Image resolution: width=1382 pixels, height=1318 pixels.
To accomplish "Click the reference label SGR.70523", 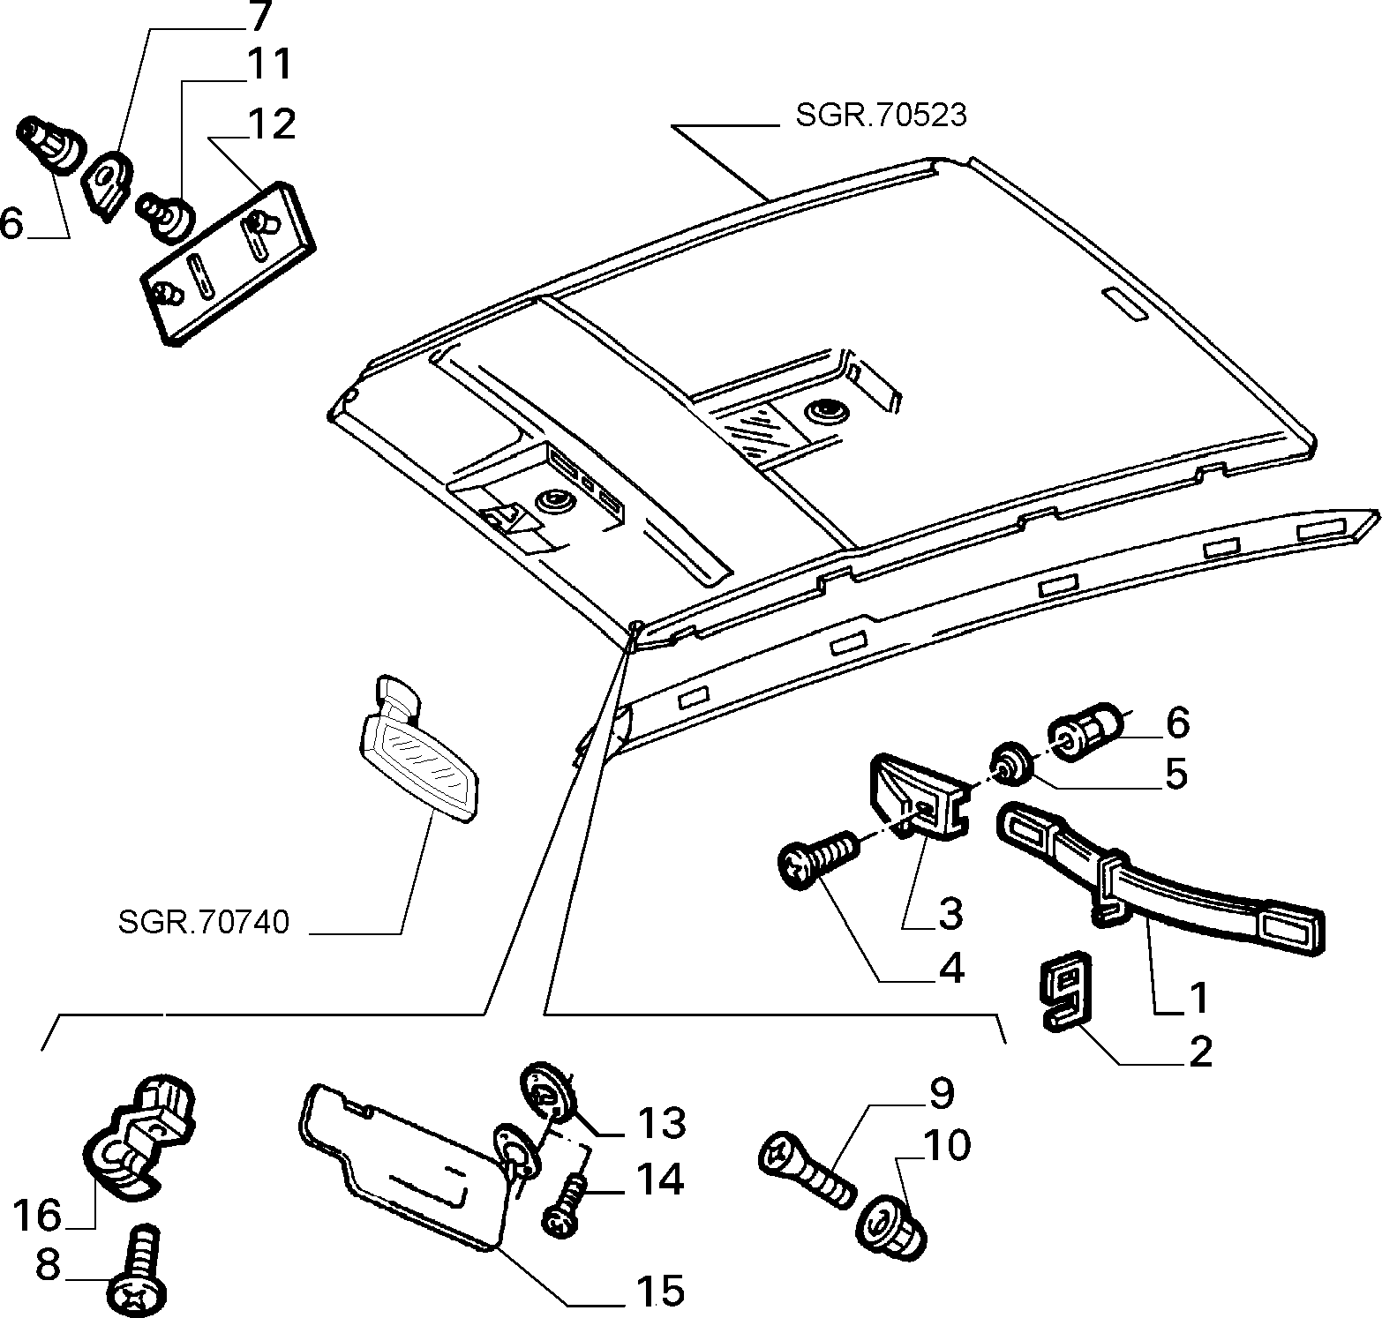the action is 881,116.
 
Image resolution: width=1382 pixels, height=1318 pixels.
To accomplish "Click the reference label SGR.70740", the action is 203,923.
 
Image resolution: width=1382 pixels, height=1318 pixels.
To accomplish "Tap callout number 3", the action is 950,913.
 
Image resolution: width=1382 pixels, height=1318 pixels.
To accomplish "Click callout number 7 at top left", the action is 261,16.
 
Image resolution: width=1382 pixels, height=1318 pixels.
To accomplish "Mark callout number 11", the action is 268,64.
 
